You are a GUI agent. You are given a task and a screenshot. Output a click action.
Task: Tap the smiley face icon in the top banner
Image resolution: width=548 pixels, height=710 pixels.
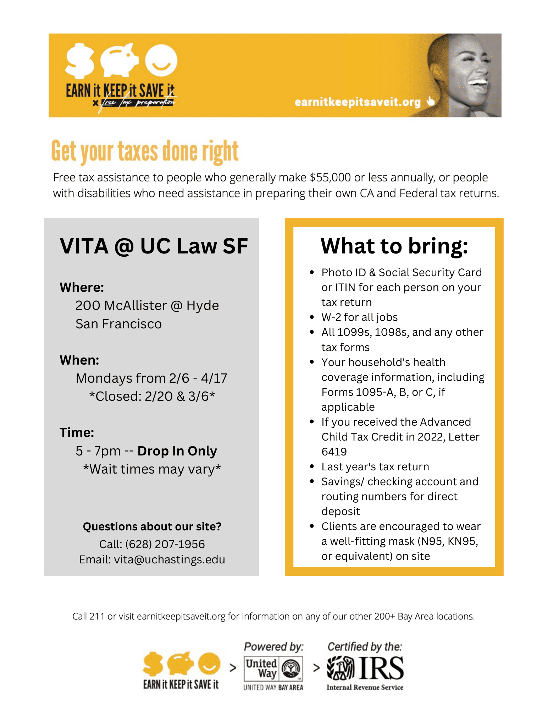tap(161, 60)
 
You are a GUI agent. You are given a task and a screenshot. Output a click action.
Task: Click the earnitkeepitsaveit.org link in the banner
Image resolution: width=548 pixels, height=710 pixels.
tap(358, 102)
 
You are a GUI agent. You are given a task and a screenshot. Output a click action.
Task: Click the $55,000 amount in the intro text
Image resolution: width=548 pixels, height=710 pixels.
tap(330, 177)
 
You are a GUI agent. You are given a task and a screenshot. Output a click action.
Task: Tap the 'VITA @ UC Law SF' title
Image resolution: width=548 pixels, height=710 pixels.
tap(154, 246)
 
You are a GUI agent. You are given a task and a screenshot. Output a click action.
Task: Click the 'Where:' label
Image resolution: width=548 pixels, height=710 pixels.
tap(82, 287)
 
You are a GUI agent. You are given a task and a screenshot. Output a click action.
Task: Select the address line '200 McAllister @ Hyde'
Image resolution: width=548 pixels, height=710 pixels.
tap(147, 305)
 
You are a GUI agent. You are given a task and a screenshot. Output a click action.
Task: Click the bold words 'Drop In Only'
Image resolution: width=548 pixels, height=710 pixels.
tap(177, 451)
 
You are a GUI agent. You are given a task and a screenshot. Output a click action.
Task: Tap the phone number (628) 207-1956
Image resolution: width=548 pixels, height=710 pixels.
tap(165, 544)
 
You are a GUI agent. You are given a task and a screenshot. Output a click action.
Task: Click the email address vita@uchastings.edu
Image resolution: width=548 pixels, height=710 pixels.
tap(170, 559)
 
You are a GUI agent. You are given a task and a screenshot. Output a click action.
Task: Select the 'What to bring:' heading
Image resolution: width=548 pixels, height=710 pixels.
tap(394, 246)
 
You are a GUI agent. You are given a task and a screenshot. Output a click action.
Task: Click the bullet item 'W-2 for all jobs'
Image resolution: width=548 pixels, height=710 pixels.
tap(359, 317)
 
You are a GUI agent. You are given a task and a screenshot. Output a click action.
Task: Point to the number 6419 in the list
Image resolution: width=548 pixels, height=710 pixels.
tap(334, 452)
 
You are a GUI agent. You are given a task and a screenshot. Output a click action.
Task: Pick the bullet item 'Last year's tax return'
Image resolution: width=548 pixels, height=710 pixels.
tap(375, 466)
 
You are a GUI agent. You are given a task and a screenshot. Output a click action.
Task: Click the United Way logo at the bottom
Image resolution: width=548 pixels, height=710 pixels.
tap(273, 668)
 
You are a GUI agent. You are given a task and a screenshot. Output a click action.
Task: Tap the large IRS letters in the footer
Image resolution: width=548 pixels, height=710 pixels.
tap(382, 668)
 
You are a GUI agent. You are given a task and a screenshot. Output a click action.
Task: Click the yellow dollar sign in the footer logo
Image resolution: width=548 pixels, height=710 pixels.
tap(153, 664)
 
